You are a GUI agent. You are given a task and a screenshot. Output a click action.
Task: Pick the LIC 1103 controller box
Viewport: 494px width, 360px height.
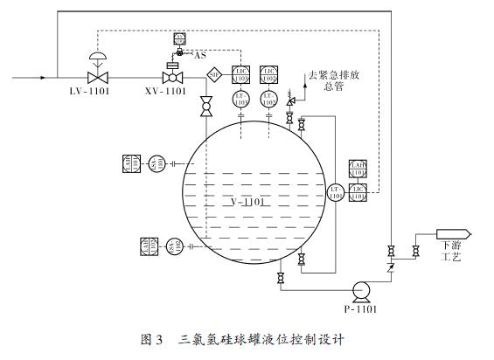click(241, 75)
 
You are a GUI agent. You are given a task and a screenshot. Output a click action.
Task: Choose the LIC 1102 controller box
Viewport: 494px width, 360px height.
click(269, 75)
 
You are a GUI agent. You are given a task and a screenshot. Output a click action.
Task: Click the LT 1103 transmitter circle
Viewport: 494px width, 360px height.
click(241, 101)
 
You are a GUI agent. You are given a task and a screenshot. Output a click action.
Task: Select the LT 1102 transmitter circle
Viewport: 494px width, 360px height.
click(269, 101)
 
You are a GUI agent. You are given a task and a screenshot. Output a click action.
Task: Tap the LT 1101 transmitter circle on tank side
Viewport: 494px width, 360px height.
click(336, 193)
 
